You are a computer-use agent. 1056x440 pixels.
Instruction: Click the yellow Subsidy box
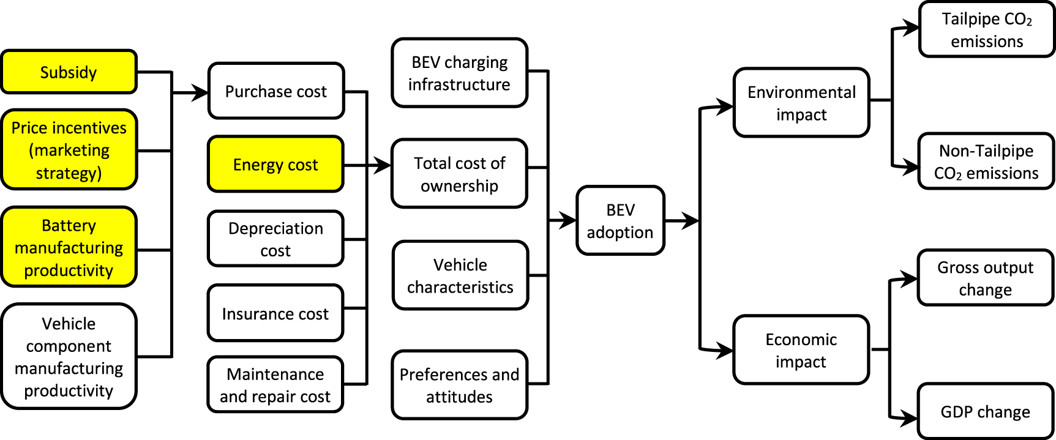point(69,72)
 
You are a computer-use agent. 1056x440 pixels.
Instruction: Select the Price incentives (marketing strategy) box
point(69,150)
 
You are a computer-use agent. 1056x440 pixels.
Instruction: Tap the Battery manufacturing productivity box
point(69,247)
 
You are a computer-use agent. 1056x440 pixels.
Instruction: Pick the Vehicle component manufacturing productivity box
point(69,357)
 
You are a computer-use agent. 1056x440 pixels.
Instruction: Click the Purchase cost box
point(275,91)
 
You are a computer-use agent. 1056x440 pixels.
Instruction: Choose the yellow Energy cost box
point(275,165)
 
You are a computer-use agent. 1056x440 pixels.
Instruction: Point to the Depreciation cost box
point(275,239)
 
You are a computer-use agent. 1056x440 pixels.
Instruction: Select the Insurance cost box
point(275,313)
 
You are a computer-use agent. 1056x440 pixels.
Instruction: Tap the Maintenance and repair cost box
point(275,385)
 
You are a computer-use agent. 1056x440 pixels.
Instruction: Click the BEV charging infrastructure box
point(459,73)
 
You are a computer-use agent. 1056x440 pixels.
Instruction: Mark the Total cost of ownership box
point(459,174)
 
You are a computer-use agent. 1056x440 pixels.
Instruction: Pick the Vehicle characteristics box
point(460,275)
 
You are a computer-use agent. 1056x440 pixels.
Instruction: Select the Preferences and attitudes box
point(459,385)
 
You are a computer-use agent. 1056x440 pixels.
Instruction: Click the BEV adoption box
point(620,220)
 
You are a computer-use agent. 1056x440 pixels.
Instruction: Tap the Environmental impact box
point(801,103)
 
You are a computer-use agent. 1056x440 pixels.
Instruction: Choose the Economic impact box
point(801,350)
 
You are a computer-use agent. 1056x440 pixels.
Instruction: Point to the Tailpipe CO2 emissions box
point(987,29)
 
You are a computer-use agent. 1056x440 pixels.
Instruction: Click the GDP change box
point(985,412)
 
